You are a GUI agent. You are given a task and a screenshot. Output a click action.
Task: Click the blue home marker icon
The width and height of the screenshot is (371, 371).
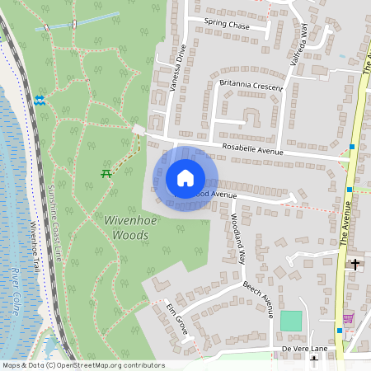185,178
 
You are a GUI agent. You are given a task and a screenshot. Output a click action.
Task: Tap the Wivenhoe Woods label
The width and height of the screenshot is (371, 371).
126,228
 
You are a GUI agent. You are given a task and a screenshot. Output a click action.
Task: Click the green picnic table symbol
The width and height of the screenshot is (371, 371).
106,172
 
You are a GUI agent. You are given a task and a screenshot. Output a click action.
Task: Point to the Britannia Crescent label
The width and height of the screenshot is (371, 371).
251,86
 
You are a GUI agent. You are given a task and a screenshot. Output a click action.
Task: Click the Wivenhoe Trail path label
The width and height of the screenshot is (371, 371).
34,247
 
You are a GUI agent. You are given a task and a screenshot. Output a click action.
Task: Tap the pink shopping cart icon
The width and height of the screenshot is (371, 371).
348,319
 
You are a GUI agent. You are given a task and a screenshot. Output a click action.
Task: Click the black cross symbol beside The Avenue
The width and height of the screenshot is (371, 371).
355,265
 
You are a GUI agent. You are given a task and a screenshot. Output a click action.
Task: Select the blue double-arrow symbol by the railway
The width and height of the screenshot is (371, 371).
40,101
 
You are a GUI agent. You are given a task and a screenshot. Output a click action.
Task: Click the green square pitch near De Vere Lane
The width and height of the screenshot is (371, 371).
291,321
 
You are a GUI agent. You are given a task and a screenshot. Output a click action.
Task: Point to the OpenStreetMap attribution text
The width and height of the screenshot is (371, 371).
83,365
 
